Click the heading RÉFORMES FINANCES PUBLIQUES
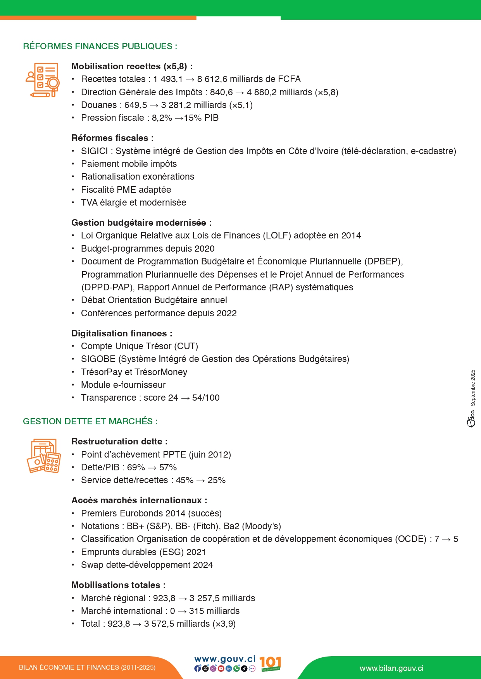coord(100,46)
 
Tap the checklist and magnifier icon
coord(43,80)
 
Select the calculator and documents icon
coord(44,456)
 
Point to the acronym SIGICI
coord(94,151)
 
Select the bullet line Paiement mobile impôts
coord(129,164)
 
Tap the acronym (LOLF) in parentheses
coord(277,236)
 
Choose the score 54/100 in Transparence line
coord(206,398)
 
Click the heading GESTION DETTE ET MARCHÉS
coord(90,422)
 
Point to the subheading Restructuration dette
coord(119,442)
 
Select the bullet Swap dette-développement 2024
coord(147,565)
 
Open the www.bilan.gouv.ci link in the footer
coord(391,669)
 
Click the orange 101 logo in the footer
coord(270,664)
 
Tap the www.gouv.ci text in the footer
coord(225,659)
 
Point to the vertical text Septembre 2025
coord(473,388)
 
